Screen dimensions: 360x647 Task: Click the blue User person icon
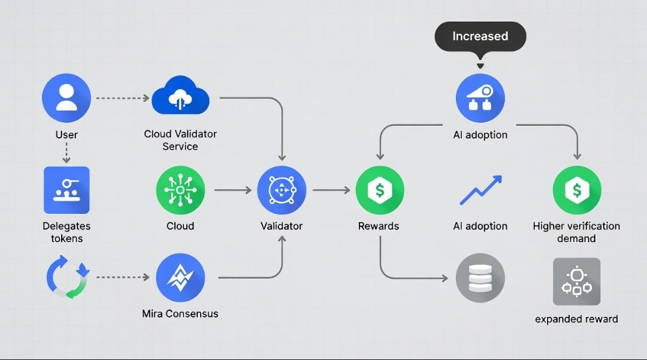coord(66,98)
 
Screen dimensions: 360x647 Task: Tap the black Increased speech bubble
coord(480,37)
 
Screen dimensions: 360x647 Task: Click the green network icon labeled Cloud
coord(180,190)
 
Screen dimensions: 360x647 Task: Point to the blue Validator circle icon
coord(282,190)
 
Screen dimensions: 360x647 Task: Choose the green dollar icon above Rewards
coord(379,190)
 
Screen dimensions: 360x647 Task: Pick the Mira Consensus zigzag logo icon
coord(180,278)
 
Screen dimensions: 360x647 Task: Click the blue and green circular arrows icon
coord(67,278)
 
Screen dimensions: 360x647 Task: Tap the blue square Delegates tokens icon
coord(66,190)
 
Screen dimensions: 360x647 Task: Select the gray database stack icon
coord(480,278)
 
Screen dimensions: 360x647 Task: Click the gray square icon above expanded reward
coord(576,282)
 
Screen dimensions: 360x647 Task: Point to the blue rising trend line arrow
coord(480,191)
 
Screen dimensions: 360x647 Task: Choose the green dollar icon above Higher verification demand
coord(576,190)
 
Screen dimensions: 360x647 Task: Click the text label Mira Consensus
coord(180,313)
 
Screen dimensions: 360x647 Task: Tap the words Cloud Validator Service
coord(180,140)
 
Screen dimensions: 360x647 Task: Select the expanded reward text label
coord(576,319)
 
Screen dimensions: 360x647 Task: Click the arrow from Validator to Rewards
coord(331,190)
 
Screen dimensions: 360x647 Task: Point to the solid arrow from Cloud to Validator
coord(232,190)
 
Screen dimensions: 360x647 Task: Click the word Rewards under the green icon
coord(379,226)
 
